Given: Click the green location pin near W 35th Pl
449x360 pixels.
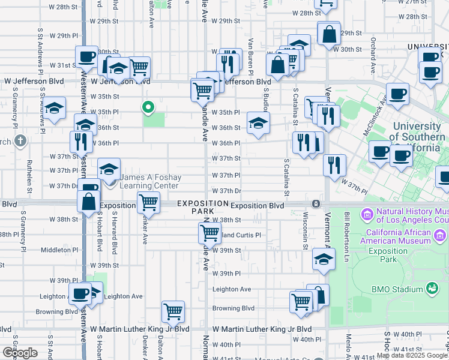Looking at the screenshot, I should pyautogui.click(x=148, y=107).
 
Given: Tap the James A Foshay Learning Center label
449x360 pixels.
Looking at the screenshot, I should pyautogui.click(x=148, y=182).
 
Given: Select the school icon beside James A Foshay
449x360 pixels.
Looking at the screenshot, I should pyautogui.click(x=109, y=170).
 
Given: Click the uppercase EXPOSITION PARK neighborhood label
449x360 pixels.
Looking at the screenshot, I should pyautogui.click(x=194, y=208).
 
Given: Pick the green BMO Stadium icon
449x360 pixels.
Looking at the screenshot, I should pyautogui.click(x=431, y=289).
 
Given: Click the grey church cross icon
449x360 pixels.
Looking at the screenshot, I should pyautogui.click(x=21, y=142).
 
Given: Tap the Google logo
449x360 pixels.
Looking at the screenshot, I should pyautogui.click(x=19, y=352).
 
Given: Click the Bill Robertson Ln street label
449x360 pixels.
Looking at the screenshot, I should pyautogui.click(x=347, y=234).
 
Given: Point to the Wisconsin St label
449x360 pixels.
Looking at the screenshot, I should pyautogui.click(x=306, y=230).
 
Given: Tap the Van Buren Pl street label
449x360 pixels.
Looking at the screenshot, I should pyautogui.click(x=247, y=59).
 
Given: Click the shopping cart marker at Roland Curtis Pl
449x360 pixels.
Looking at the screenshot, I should pyautogui.click(x=209, y=232).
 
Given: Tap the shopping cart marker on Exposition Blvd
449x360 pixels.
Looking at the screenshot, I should pyautogui.click(x=148, y=202).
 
